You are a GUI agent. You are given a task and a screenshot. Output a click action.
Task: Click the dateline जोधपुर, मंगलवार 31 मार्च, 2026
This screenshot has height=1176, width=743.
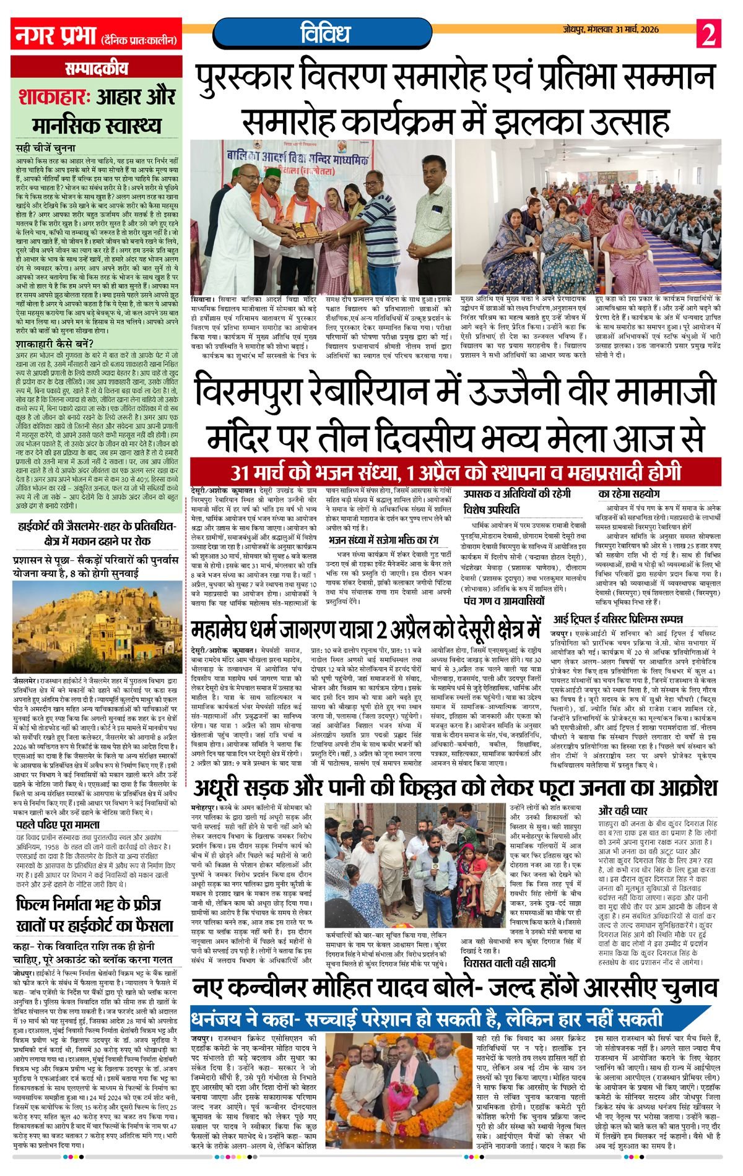[x=612, y=30]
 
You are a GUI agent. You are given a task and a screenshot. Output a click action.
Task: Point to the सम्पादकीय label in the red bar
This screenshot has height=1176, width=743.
[x=95, y=69]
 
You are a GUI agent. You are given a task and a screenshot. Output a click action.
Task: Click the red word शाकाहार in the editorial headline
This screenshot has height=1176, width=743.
[x=58, y=97]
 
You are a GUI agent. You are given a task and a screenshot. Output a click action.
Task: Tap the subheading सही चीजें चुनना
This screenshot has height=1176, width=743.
[x=46, y=148]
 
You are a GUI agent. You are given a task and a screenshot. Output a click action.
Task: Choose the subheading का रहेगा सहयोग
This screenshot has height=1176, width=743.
[x=629, y=494]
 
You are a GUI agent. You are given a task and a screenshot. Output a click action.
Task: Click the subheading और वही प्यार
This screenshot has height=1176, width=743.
[x=623, y=810]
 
